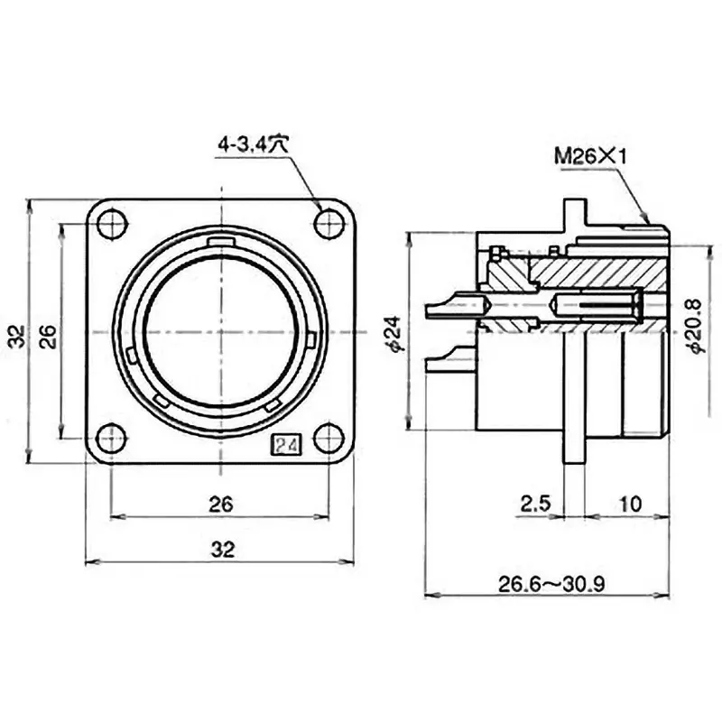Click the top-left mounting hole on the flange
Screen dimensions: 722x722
[x=112, y=224]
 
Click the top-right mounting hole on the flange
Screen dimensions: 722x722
[x=329, y=224]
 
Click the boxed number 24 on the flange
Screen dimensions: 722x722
[x=288, y=445]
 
